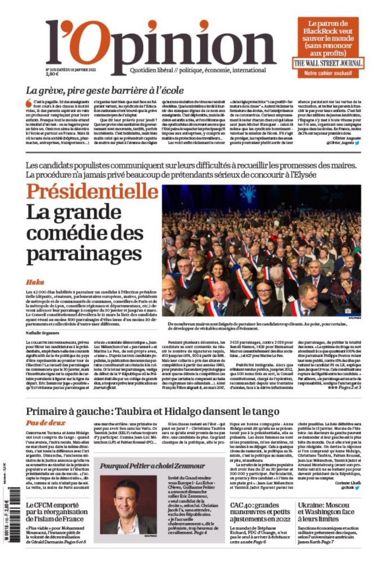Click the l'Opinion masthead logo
tap(160, 45)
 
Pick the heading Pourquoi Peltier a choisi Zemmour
tap(146, 466)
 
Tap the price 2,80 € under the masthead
tap(53, 74)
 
